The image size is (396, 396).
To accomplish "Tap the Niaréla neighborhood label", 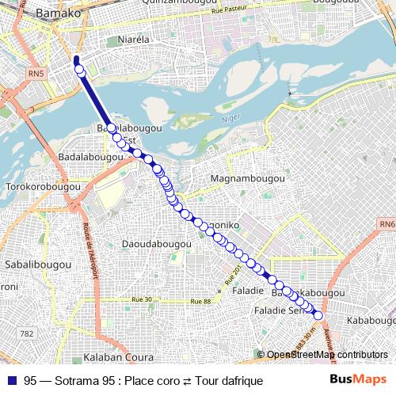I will point(134,38).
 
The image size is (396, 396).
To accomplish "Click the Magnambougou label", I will point(249,180).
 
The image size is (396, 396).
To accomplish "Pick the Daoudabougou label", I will point(157,245).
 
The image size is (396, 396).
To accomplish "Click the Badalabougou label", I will point(89,157).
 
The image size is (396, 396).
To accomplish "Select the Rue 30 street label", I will point(142,299).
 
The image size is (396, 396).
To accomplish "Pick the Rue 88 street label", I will point(197,302).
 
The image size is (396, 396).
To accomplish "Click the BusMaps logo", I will point(359,380).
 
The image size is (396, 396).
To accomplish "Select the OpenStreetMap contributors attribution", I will point(327,355).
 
